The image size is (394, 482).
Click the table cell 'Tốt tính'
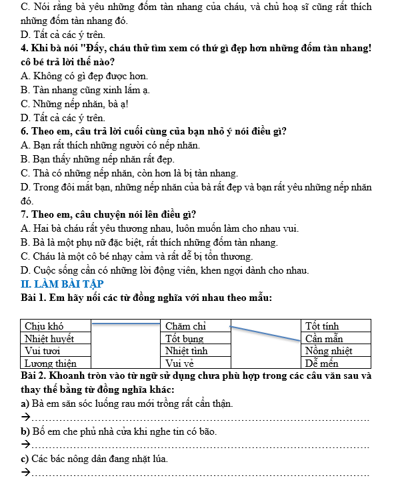[x=336, y=326]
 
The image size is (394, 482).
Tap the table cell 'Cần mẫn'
[x=336, y=338]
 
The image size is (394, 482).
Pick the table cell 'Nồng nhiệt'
[x=336, y=351]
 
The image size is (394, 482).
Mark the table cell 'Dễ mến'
[x=336, y=363]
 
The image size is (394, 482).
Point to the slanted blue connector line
[x=265, y=332]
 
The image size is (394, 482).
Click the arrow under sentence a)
[x=26, y=418]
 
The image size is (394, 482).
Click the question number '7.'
[x=25, y=214]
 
